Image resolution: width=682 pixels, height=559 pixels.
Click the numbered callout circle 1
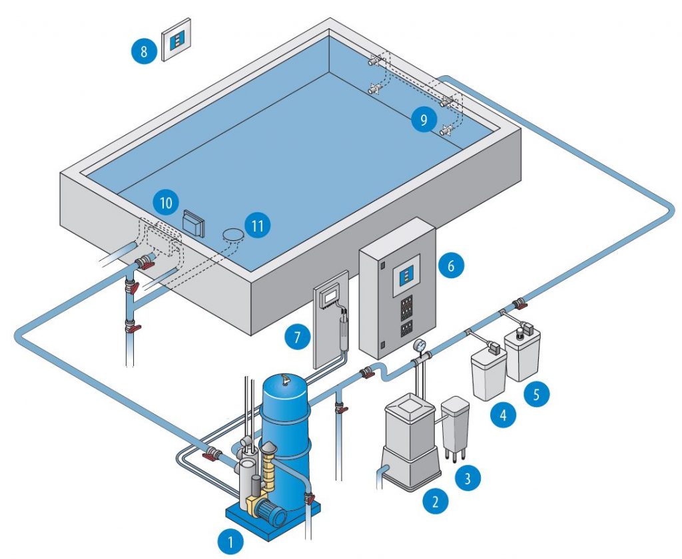point(231,542)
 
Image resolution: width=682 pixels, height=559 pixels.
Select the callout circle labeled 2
point(435,501)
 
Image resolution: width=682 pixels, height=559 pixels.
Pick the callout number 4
point(504,416)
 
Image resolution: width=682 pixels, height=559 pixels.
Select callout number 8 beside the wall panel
point(145,51)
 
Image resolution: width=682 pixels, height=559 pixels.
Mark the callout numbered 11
point(258,226)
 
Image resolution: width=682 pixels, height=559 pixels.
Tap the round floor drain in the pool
point(232,234)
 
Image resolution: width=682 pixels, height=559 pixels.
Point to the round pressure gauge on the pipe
point(420,346)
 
